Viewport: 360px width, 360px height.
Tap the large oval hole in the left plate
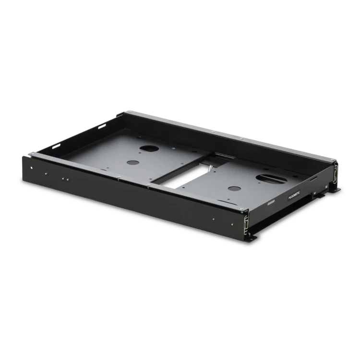coord(149,148)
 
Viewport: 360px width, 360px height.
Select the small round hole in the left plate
coord(133,163)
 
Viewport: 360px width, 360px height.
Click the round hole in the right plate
coord(234,189)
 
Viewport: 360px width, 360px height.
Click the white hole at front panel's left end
coord(32,168)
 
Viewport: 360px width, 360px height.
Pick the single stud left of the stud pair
coord(46,174)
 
